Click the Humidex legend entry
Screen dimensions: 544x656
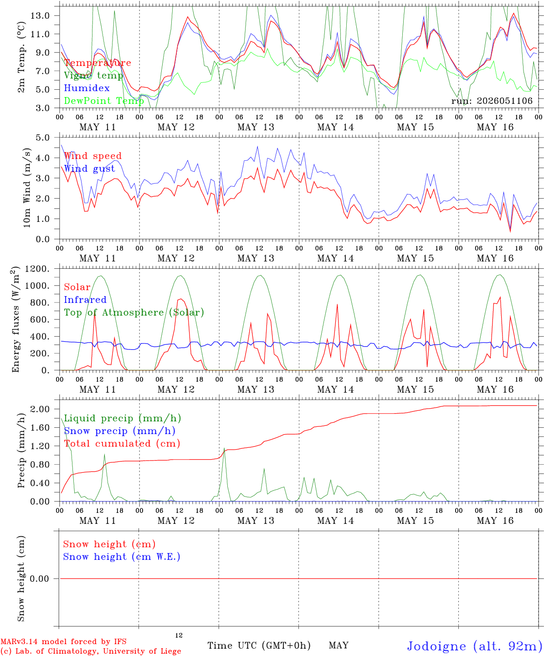click(87, 88)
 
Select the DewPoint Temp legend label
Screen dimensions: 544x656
click(104, 101)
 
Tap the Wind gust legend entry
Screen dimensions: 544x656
click(90, 169)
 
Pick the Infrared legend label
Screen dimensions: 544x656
click(85, 300)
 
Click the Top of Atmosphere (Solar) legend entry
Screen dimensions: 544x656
click(134, 313)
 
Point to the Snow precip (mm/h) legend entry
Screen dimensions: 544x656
click(120, 431)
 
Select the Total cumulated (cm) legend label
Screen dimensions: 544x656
click(122, 444)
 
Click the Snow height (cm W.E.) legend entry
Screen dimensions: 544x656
click(122, 557)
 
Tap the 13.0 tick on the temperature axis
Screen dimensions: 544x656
click(40, 15)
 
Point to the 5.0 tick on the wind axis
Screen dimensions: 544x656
click(43, 138)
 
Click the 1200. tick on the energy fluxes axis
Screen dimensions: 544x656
click(37, 269)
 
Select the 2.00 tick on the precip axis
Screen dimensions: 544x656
click(40, 409)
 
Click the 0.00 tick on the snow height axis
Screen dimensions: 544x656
click(40, 579)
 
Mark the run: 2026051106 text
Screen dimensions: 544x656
click(492, 101)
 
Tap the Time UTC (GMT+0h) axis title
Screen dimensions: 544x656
click(259, 646)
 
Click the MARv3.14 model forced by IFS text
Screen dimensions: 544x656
click(63, 641)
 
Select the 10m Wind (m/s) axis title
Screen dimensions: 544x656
click(27, 188)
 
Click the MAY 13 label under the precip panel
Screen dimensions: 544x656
click(256, 521)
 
